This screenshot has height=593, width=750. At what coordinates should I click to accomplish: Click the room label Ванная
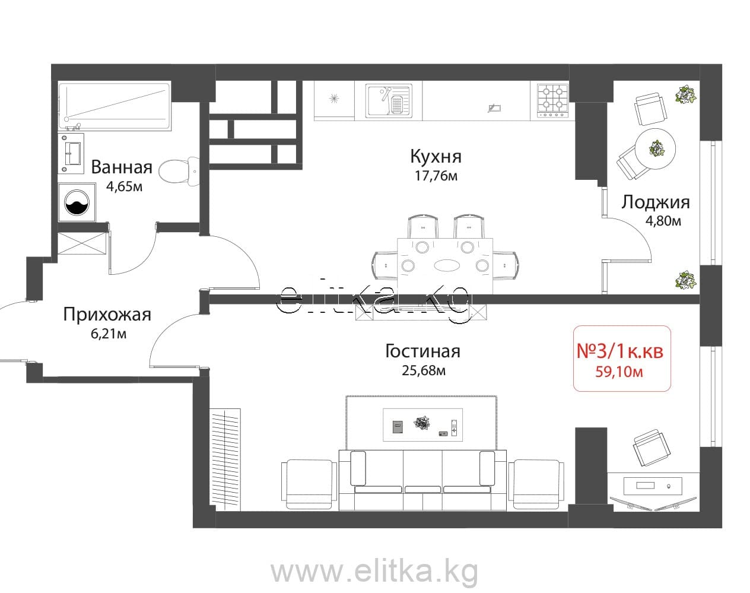point(122,167)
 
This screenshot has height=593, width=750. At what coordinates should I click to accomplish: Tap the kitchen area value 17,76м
point(436,176)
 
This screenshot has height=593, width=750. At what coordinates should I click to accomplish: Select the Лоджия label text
point(655,202)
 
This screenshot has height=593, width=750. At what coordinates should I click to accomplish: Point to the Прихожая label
point(107,315)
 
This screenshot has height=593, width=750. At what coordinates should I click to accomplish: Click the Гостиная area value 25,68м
point(424,370)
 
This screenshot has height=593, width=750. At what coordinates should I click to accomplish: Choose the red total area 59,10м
point(619,372)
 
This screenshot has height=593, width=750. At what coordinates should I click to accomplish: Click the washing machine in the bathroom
point(77,202)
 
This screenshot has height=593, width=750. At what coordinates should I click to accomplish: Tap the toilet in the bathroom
point(179,171)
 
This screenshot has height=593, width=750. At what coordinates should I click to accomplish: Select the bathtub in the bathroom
point(115,106)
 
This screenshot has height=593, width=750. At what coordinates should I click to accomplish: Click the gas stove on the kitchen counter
point(553,101)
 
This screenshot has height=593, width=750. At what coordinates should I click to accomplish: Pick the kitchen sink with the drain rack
point(389,100)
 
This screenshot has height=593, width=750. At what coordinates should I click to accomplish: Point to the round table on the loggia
point(655,149)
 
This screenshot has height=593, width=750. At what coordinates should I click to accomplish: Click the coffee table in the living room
point(422,425)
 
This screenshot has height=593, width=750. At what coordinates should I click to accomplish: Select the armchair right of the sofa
point(536,484)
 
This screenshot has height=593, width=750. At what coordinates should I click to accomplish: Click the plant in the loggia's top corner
point(686,94)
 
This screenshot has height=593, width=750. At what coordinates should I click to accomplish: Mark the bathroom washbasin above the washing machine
point(73,153)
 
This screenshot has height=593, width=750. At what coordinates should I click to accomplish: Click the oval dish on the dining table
point(447,265)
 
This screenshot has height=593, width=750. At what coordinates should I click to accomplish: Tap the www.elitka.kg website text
point(374,571)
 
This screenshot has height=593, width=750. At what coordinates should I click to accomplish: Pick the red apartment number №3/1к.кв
point(620,350)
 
